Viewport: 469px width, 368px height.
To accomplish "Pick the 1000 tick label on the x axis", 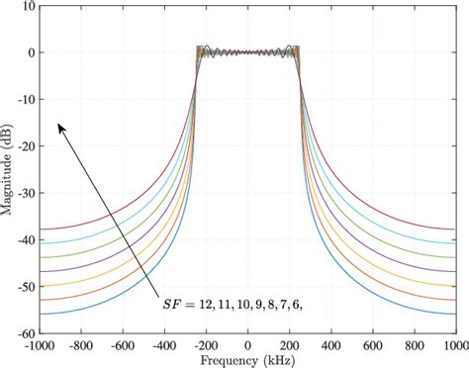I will click(x=456, y=346).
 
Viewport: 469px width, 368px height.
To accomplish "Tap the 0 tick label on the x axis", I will click(x=248, y=346).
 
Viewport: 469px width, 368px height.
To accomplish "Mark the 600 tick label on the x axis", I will click(x=373, y=346).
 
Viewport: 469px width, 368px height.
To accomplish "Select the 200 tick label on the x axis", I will click(x=290, y=346).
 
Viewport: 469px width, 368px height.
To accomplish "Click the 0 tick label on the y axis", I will click(x=32, y=52).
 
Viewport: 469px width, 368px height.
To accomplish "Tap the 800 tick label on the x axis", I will click(x=415, y=346).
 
